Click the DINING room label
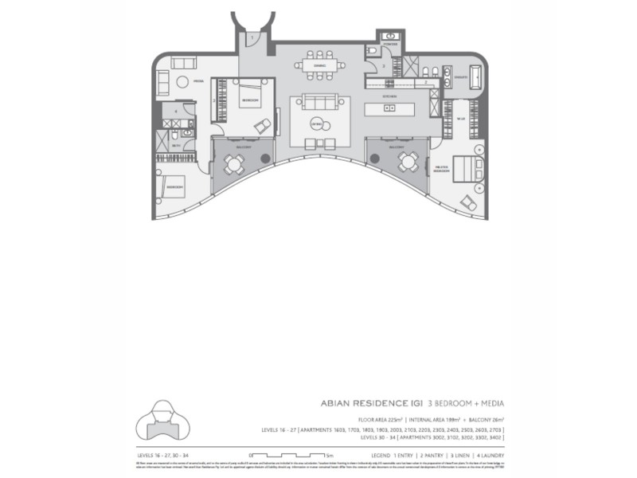[319, 65]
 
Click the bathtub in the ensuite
[475, 77]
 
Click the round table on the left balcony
[233, 164]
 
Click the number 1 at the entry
[251, 37]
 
